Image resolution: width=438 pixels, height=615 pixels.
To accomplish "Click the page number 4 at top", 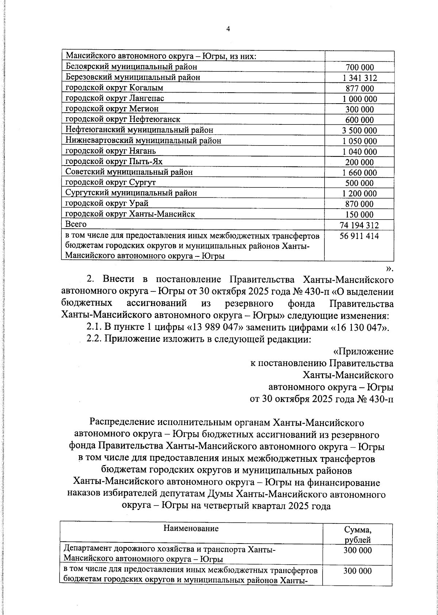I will click(x=228, y=30).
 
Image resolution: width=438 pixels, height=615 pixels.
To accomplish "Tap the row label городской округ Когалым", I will click(x=114, y=88).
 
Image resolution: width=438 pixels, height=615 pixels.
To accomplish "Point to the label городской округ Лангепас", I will click(x=115, y=98).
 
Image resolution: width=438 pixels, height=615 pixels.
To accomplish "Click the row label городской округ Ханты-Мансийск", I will click(x=130, y=214).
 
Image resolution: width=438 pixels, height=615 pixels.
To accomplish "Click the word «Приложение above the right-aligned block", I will click(x=364, y=352).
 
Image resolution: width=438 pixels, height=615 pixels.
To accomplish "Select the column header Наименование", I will click(x=191, y=528).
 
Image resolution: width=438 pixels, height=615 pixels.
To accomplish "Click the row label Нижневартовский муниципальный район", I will click(x=143, y=140).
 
